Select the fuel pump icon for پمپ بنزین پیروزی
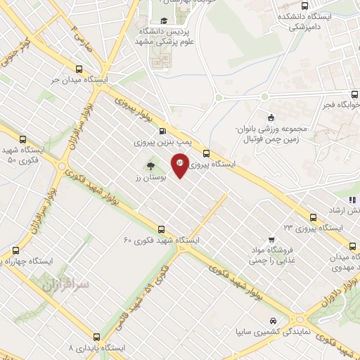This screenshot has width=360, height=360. coord(163,131)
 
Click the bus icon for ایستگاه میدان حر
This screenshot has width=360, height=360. coord(78,70)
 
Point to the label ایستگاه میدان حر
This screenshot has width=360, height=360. coord(80,81)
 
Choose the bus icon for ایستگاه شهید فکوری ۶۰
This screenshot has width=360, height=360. coord(162,229)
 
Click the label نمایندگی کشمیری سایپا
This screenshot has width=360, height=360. coord(269,332)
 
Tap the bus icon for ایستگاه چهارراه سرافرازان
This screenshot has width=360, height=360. coord(15,250)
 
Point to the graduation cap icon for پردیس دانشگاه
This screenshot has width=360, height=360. coord(164,20)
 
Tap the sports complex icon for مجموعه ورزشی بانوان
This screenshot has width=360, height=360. coord(272,117)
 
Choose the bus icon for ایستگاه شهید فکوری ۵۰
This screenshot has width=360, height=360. coord(23,139)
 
